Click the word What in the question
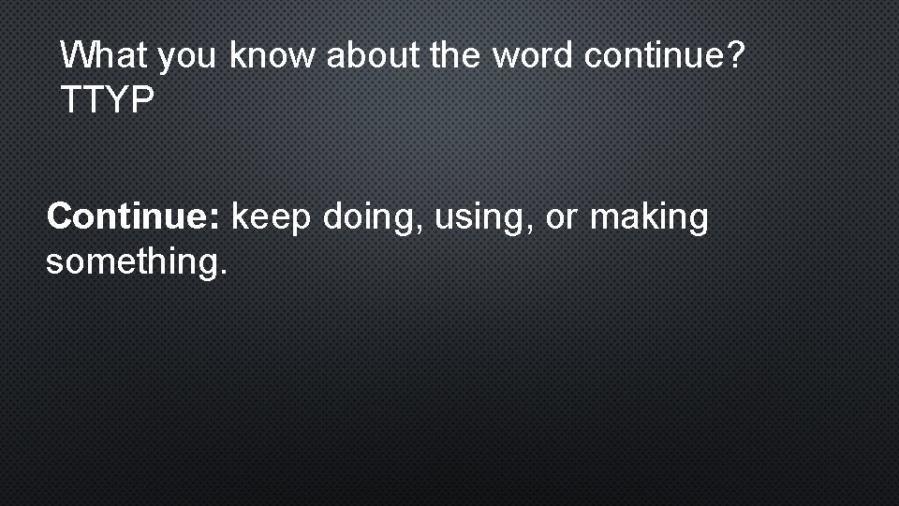(103, 56)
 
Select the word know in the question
(273, 56)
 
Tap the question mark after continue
(736, 56)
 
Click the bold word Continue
(128, 217)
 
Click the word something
(130, 263)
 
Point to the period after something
(222, 274)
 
